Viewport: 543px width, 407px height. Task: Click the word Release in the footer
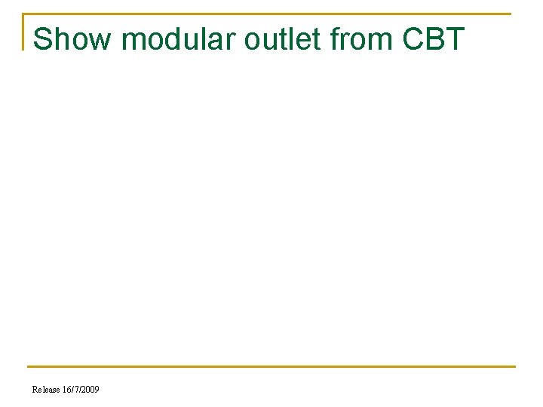[x=46, y=390]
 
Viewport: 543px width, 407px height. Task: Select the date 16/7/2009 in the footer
[x=81, y=390]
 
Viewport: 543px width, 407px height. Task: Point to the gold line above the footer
[x=271, y=367]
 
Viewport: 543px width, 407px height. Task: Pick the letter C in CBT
[x=413, y=39]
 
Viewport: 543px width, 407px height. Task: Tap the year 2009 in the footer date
[x=90, y=390]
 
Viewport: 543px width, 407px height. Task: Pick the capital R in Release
[x=35, y=390]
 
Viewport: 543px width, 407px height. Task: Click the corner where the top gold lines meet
[x=23, y=14]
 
